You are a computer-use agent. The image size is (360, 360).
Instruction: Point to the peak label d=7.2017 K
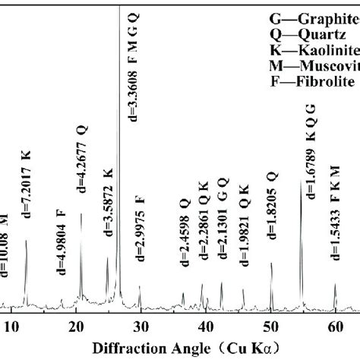(x=27, y=191)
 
